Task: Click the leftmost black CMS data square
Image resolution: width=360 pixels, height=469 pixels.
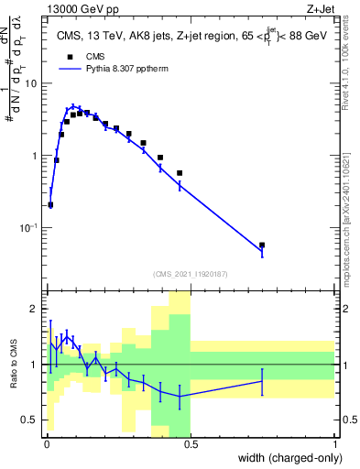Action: pyautogui.click(x=50, y=205)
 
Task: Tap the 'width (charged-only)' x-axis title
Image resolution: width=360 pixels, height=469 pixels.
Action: pyautogui.click(x=286, y=458)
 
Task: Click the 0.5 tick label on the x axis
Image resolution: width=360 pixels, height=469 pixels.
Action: pyautogui.click(x=191, y=443)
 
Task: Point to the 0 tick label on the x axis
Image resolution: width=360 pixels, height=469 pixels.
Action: pyautogui.click(x=46, y=443)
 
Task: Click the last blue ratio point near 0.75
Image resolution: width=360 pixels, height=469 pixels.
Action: pyautogui.click(x=262, y=381)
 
